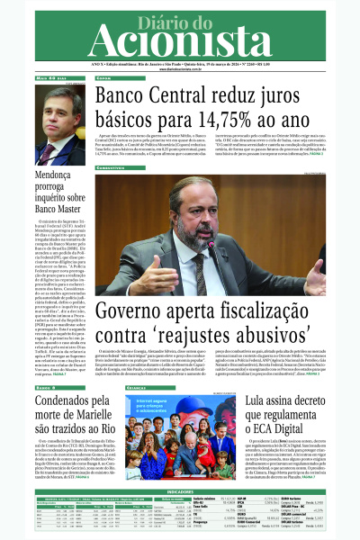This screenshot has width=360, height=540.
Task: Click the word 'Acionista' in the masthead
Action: pos(180,40)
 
